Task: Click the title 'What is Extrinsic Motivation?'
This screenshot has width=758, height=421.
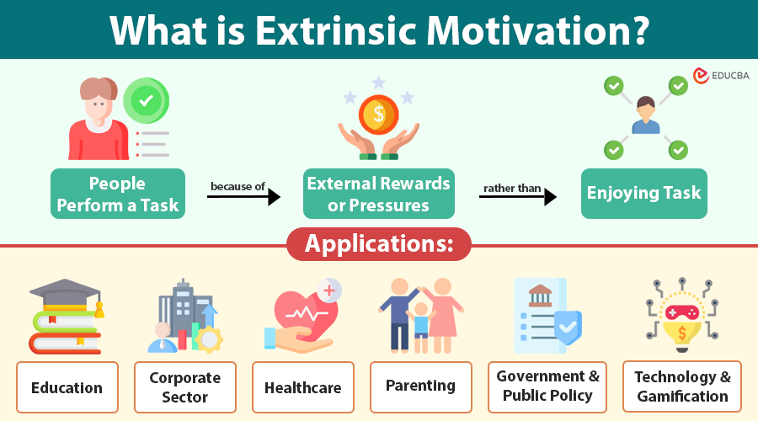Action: pyautogui.click(x=379, y=29)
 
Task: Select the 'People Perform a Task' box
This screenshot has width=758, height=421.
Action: pyautogui.click(x=117, y=195)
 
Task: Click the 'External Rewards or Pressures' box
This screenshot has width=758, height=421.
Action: pyautogui.click(x=379, y=195)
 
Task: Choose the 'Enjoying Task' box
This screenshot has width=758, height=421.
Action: pyautogui.click(x=644, y=194)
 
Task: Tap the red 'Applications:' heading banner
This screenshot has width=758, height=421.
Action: pyautogui.click(x=379, y=244)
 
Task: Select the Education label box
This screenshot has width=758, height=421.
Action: pyautogui.click(x=67, y=387)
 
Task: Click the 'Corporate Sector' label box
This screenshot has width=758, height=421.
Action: pyautogui.click(x=185, y=387)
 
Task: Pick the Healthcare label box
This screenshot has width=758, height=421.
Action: pyautogui.click(x=303, y=387)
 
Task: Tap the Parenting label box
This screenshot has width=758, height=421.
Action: pyautogui.click(x=420, y=386)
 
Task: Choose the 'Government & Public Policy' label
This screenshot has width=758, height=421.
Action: pyautogui.click(x=548, y=386)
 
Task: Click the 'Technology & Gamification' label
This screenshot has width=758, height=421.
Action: pyautogui.click(x=682, y=386)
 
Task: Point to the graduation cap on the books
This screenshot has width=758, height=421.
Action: pyautogui.click(x=66, y=295)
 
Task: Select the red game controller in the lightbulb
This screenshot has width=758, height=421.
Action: pyautogui.click(x=682, y=312)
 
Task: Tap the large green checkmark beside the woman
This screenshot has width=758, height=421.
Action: pyautogui.click(x=147, y=101)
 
